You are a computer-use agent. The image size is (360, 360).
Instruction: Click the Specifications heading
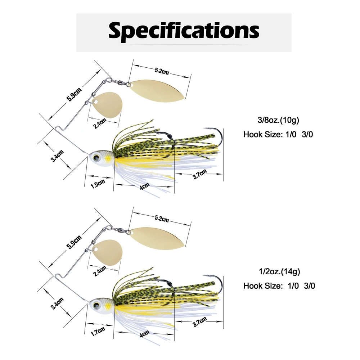click(184, 31)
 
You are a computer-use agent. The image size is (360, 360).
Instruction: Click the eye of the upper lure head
click(96, 156)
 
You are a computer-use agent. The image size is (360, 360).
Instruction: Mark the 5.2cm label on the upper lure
click(162, 71)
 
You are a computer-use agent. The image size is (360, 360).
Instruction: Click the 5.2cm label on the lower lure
click(162, 219)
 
